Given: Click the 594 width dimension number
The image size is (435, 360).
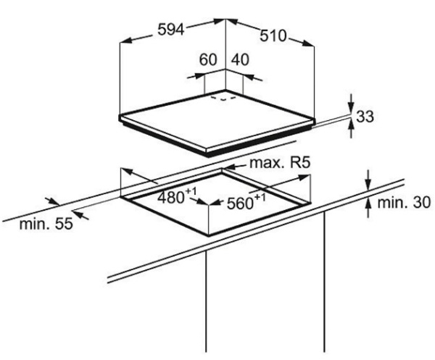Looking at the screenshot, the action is (x=171, y=29).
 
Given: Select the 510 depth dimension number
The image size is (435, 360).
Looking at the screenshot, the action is (x=273, y=35).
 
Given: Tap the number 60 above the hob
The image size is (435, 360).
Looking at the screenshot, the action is (x=208, y=59).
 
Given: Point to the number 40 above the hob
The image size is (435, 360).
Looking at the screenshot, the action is (x=240, y=59).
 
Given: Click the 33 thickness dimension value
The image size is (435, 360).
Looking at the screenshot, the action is (x=365, y=116).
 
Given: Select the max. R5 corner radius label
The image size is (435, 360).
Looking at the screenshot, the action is (x=280, y=163).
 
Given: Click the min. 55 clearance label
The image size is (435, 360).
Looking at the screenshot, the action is (x=46, y=223).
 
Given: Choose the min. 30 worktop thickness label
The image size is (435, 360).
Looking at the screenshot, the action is (x=404, y=202).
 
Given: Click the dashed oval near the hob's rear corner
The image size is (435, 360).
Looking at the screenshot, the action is (x=223, y=98).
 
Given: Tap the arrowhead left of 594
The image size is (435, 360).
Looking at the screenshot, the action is (x=126, y=41).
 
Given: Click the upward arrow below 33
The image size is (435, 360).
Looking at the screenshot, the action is (x=352, y=129).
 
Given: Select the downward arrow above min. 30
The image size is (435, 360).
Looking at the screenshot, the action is (x=368, y=180).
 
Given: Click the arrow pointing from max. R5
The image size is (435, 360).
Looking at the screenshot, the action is (x=235, y=166).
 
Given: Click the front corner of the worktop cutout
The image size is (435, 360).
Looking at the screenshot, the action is (x=208, y=235).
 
